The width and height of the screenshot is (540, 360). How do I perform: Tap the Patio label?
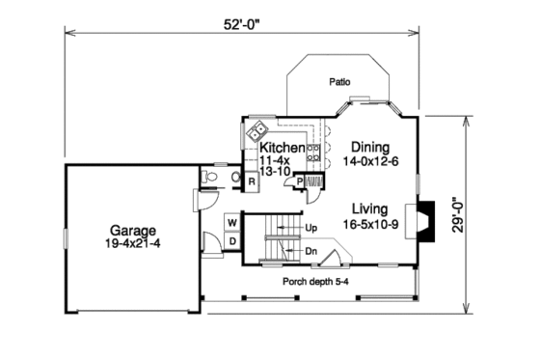338,82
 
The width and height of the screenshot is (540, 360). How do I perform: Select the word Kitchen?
283,148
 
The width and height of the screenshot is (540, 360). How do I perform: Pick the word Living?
369,208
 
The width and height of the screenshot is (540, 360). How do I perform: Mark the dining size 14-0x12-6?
369,161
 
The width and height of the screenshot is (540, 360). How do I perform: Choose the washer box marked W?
232,222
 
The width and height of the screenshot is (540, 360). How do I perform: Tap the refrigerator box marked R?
251,180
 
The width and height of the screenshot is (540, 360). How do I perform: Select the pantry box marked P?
300,180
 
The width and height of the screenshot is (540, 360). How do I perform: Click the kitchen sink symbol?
259,131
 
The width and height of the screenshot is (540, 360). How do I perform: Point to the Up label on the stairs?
310,228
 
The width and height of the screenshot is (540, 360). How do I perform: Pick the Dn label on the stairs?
310,250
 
